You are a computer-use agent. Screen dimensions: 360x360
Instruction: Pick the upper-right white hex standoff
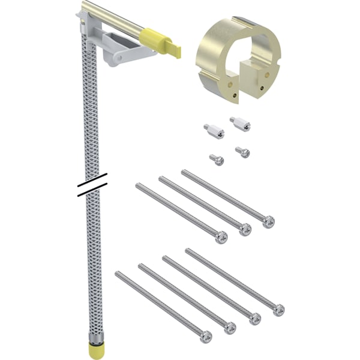239,123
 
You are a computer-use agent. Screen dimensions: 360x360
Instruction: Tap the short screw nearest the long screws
217,160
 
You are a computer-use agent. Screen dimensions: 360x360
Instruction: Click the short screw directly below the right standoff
242,152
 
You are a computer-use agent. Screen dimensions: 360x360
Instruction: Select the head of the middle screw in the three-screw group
245,229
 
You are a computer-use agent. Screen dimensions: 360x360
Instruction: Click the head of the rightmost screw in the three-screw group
268,221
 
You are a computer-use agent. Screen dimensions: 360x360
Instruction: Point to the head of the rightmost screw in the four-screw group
278,310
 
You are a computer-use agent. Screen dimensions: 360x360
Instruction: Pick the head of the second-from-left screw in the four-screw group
230,328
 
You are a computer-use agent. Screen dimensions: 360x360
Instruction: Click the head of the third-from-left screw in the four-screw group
254,319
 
